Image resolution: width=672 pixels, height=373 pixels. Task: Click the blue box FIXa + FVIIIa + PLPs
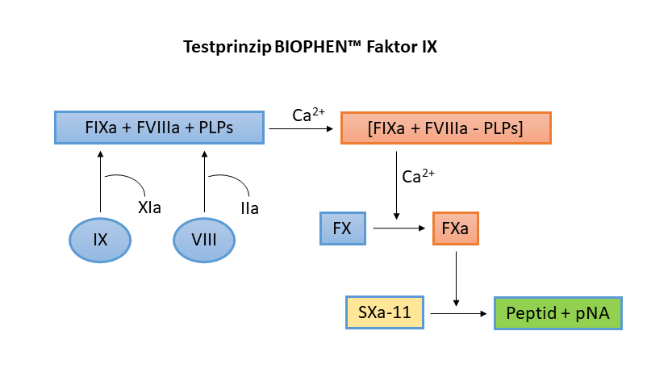[159, 128]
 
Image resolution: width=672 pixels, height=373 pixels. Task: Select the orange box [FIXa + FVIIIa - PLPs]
[445, 128]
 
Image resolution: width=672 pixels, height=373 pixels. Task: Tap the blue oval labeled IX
[100, 240]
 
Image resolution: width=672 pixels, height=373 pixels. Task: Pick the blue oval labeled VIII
[204, 240]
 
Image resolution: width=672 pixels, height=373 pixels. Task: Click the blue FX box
[342, 228]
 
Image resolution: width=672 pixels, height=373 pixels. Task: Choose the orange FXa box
[456, 228]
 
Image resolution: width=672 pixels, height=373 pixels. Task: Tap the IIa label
[249, 209]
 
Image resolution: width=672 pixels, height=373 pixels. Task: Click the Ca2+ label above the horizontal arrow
[308, 115]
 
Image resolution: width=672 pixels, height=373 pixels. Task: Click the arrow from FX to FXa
[399, 228]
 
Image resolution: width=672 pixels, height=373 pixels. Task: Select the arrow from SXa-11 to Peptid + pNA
[458, 312]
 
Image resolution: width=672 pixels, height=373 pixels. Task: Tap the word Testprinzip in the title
[227, 48]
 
